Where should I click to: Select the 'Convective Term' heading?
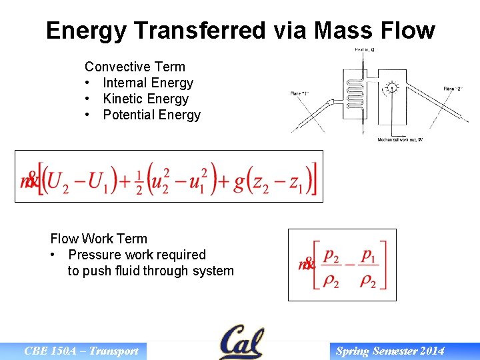(135, 67)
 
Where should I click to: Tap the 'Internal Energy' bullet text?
(148, 83)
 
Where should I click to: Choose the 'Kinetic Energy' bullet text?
(145, 99)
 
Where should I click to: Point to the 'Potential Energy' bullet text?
(151, 115)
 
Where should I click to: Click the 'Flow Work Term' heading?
(99, 239)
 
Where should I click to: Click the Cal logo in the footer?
(241, 342)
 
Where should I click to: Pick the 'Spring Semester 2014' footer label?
(390, 351)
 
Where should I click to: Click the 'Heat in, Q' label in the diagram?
(363, 50)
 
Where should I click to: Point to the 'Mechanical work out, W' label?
(400, 139)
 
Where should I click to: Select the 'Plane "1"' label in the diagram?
(300, 93)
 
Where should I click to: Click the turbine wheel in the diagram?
(393, 88)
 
